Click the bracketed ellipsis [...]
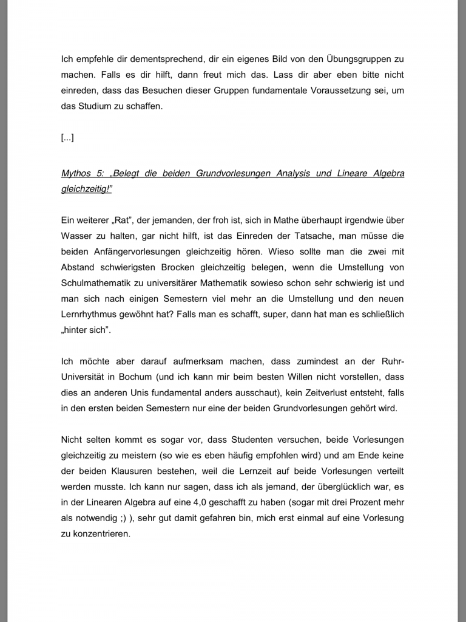(x=67, y=138)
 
